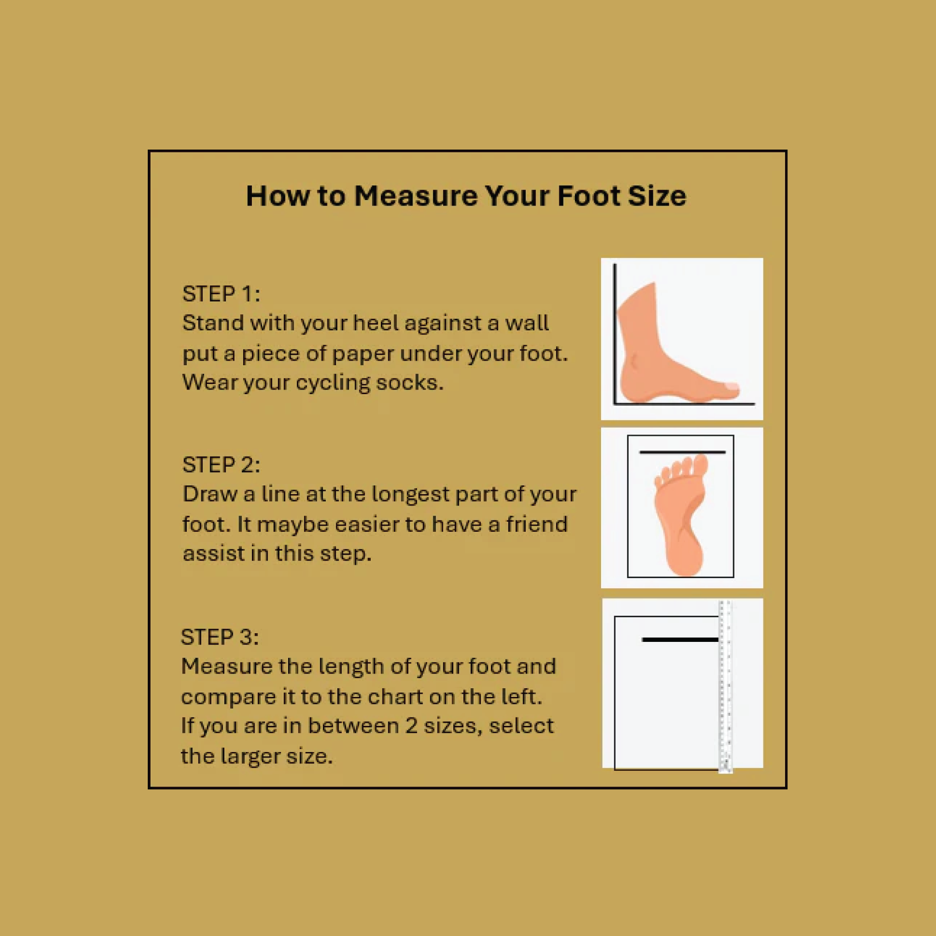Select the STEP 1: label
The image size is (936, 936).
click(221, 294)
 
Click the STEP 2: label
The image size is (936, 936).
click(221, 465)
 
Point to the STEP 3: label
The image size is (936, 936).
click(219, 637)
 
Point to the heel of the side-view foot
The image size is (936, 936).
click(630, 383)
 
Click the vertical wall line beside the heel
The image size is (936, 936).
click(615, 334)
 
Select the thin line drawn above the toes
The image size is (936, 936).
click(682, 452)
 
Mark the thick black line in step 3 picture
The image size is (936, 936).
click(680, 640)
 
